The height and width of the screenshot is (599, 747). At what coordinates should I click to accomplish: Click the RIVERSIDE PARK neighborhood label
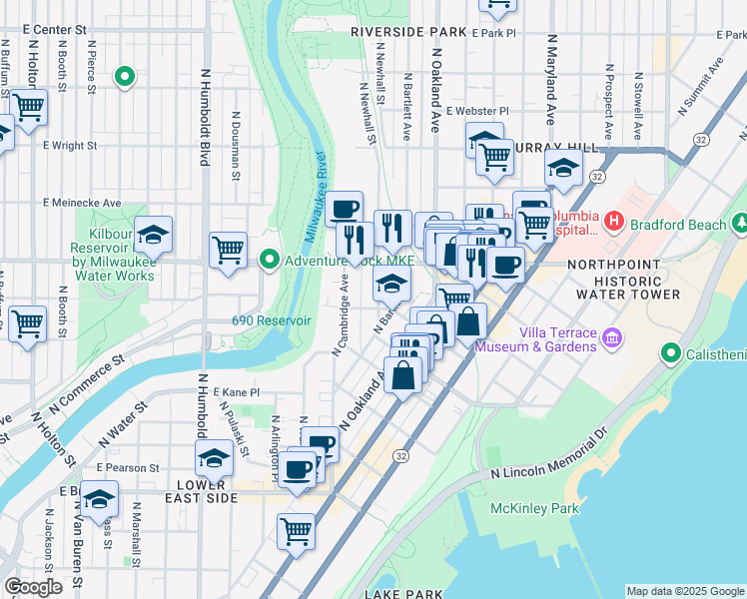click(408, 32)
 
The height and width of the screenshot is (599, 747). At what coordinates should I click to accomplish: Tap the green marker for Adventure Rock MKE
click(269, 261)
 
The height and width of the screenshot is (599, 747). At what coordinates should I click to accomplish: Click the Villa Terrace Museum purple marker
click(613, 338)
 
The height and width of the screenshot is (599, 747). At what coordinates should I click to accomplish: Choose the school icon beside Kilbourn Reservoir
click(154, 236)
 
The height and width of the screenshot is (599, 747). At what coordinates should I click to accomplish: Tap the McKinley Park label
click(534, 508)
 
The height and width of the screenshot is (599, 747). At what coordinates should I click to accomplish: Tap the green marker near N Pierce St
click(125, 76)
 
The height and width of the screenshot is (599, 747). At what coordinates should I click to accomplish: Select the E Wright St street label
click(70, 145)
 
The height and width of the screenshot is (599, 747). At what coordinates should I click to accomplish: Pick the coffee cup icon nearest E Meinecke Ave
click(345, 209)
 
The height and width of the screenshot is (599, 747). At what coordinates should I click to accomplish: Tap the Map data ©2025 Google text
click(685, 591)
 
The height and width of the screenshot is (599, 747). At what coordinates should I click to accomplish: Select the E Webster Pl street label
click(477, 111)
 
